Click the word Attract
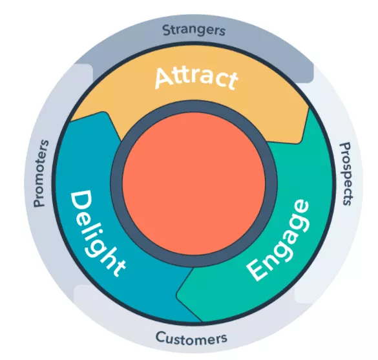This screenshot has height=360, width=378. (x=196, y=78)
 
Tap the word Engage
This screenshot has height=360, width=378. (x=278, y=240)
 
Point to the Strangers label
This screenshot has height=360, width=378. (x=194, y=30)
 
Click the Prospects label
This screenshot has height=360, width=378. (x=346, y=174)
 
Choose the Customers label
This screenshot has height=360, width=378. (x=191, y=337)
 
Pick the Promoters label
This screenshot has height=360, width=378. (x=41, y=173)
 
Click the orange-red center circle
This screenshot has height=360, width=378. (x=194, y=184)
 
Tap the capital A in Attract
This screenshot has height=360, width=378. (x=163, y=78)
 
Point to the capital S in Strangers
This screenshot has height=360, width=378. (x=166, y=30)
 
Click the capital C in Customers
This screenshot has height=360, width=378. (x=160, y=336)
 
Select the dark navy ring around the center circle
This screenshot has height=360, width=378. (x=116, y=184)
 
